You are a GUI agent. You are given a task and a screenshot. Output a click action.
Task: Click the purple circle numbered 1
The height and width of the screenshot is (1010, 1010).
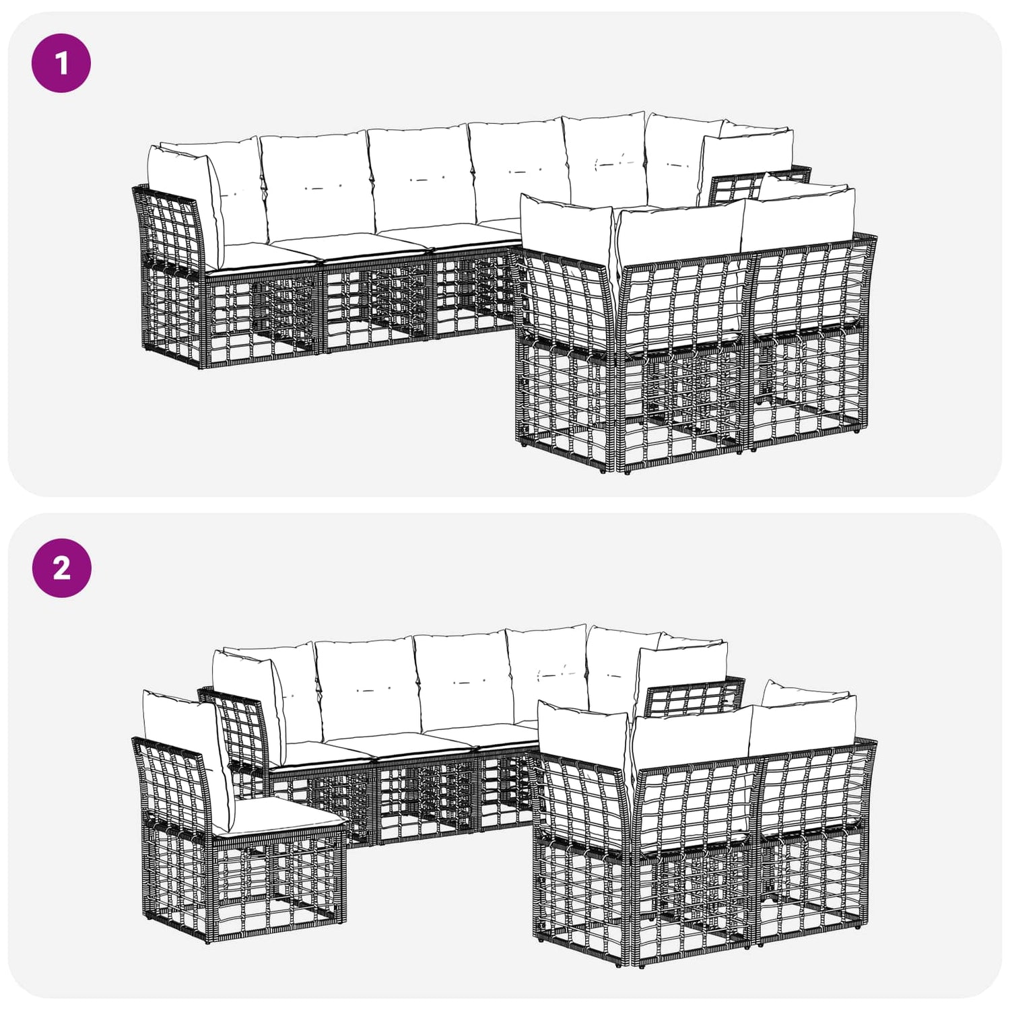click(x=61, y=63)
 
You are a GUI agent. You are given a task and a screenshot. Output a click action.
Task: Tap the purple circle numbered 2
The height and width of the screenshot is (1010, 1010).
click(x=61, y=568)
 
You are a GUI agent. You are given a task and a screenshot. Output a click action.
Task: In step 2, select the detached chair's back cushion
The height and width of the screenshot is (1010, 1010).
click(x=182, y=754)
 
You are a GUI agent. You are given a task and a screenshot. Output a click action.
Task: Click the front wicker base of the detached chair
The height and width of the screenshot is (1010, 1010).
click(x=279, y=882)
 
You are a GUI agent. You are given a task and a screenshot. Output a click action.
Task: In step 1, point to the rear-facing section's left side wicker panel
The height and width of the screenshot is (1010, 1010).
click(x=566, y=357)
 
